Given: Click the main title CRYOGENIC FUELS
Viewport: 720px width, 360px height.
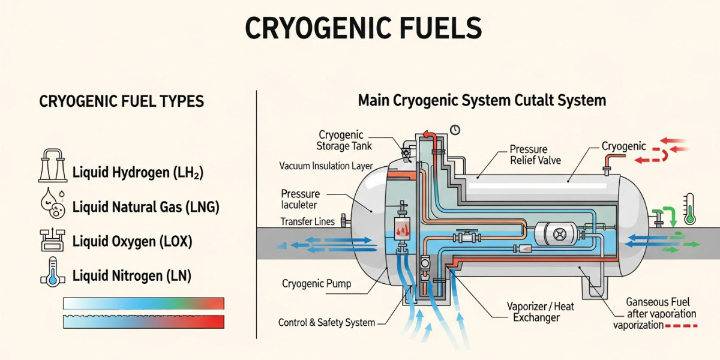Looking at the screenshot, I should coord(363,28).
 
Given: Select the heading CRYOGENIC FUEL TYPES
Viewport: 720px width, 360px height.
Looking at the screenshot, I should coord(122,101).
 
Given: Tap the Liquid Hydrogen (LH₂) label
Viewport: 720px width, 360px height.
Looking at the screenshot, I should coord(138,173).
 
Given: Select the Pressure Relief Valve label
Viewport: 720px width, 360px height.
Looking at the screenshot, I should coord(535,154).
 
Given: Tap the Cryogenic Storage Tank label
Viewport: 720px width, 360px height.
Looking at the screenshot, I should coord(345,140).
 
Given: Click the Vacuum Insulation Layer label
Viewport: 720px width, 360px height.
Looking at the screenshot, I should coord(326,166).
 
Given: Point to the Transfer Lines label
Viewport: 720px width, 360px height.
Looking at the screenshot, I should coord(307,221).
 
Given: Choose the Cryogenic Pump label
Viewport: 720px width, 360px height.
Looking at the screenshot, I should coord(316,283).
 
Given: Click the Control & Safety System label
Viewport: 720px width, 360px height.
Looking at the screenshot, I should coord(326,323).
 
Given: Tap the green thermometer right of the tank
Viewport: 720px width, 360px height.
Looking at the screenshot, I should coord(689,209).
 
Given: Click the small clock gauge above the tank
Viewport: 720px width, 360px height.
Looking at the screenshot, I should coord(455,130).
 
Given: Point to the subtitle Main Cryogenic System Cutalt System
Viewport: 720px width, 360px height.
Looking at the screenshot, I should coord(482,100).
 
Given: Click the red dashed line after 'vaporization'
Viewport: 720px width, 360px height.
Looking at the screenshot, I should coord(682,326).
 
